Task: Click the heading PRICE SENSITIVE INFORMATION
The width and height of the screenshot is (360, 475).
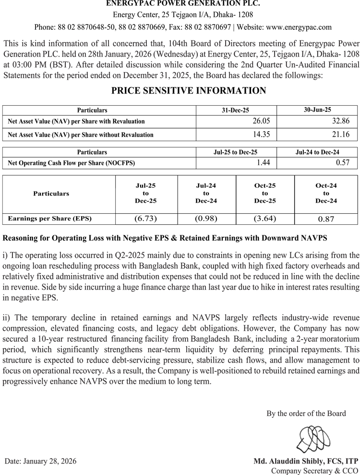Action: (x=189, y=91)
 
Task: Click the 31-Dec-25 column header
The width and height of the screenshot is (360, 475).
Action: (x=236, y=110)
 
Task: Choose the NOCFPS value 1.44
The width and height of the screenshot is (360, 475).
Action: (x=264, y=163)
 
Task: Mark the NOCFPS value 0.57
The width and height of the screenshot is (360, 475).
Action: (x=343, y=163)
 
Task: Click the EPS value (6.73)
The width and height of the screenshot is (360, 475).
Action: (x=146, y=219)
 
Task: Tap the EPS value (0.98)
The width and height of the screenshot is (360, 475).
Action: (x=206, y=219)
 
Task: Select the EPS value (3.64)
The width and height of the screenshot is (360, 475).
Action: (x=265, y=219)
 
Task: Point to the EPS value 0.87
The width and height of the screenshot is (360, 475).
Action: (x=326, y=219)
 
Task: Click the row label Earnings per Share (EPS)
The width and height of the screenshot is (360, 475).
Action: (x=50, y=219)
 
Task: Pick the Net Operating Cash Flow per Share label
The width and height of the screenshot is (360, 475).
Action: (x=72, y=163)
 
